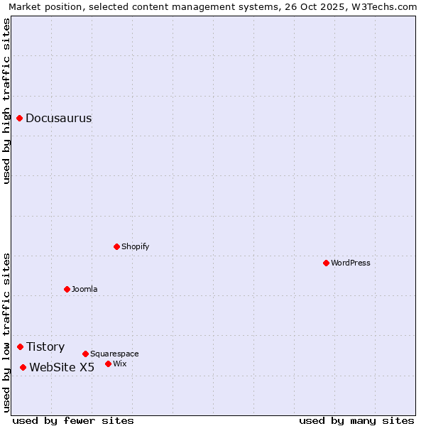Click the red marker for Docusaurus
(x=20, y=118)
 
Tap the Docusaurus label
(x=58, y=119)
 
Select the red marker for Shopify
(x=117, y=246)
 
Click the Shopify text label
(x=135, y=247)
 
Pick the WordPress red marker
(x=327, y=263)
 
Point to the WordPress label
(x=350, y=263)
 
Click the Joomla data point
(x=67, y=289)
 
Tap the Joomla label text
(x=84, y=290)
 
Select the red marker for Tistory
(x=21, y=346)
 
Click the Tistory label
(x=45, y=347)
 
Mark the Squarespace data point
(x=86, y=354)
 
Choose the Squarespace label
(x=114, y=354)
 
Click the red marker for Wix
(x=109, y=364)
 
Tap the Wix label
(x=120, y=364)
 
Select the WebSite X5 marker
(x=23, y=367)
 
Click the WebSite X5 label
(x=62, y=368)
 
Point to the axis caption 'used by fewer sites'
(x=73, y=420)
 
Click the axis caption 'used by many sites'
(x=356, y=420)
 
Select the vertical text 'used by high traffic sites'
(x=7, y=101)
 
